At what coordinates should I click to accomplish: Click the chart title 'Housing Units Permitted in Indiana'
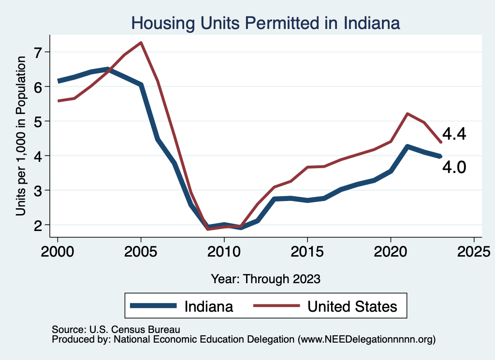point(266,23)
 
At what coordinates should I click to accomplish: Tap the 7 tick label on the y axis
point(39,52)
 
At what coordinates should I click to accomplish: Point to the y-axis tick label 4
point(39,156)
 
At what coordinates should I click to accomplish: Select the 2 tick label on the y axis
point(39,225)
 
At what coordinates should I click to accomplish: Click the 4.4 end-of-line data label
point(454,134)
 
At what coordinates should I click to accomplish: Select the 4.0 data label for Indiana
point(454,167)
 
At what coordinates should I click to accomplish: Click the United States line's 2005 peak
point(141,43)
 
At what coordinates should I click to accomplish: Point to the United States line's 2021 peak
point(408,114)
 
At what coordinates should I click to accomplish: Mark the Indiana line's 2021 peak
point(408,146)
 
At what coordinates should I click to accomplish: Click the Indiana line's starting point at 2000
point(58,81)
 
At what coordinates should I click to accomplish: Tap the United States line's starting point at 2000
point(58,101)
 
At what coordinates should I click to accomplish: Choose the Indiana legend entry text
point(209,306)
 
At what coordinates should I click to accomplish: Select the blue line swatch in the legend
point(154,306)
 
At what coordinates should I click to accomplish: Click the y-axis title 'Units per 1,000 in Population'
point(21,143)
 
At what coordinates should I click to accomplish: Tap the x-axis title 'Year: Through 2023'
point(266,279)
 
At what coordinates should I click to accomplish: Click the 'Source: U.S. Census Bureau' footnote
point(116,330)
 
